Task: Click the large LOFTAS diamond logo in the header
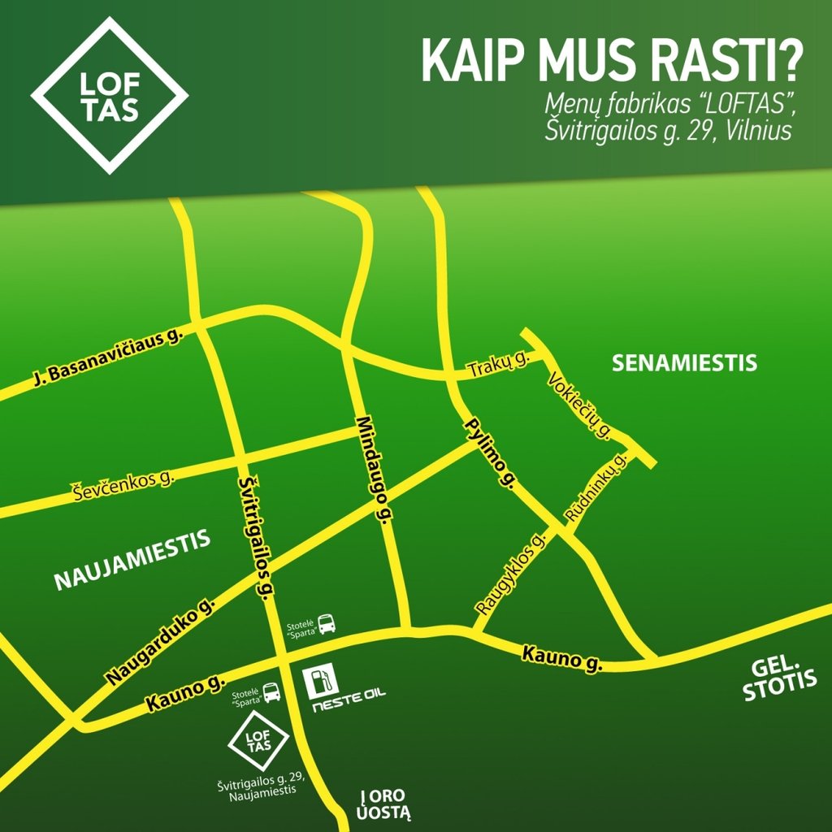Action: [x=109, y=96]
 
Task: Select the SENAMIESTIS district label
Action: [x=684, y=363]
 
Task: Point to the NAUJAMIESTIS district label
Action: [x=132, y=560]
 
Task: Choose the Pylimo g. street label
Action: [x=490, y=453]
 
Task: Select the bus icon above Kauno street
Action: [x=326, y=624]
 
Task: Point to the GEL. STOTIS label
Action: [x=778, y=680]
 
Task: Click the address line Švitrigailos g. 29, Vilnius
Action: [x=667, y=130]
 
